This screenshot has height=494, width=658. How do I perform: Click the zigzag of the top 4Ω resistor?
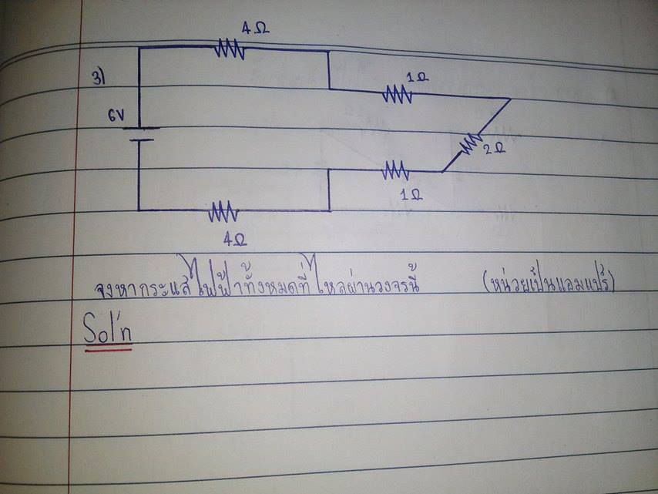[x=230, y=50]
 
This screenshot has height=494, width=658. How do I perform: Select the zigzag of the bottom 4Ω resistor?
[x=224, y=210]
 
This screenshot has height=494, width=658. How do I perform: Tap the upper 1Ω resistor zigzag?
[x=398, y=95]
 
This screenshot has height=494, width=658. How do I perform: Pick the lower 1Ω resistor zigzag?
[x=395, y=169]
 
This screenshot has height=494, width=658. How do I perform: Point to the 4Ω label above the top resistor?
[x=254, y=29]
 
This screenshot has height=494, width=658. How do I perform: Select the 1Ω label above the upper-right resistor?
[x=416, y=77]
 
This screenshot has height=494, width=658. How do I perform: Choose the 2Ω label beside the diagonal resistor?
[x=493, y=148]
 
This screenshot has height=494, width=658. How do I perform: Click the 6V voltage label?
[x=116, y=117]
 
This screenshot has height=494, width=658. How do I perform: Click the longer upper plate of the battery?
[x=139, y=129]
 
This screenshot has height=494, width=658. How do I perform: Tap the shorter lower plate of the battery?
[x=139, y=140]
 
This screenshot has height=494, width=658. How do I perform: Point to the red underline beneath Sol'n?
[x=108, y=349]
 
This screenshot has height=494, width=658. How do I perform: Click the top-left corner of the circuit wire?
[x=139, y=47]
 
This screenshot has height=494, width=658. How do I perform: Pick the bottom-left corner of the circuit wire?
[x=139, y=209]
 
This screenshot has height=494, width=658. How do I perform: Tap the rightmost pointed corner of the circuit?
[x=510, y=99]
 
